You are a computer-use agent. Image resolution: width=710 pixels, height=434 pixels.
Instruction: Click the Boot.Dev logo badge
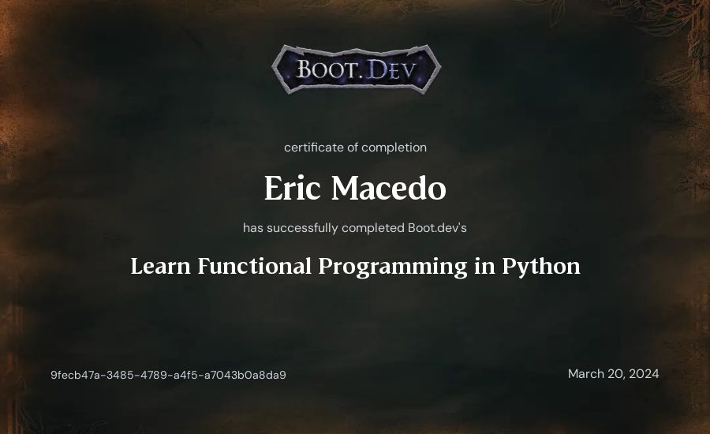pyautogui.click(x=357, y=69)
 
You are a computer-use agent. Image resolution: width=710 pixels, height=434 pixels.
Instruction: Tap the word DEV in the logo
pyautogui.click(x=391, y=69)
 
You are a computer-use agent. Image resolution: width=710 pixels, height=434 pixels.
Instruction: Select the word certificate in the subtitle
pyautogui.click(x=314, y=148)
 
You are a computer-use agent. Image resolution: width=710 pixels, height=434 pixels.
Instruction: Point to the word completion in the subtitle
pyautogui.click(x=394, y=148)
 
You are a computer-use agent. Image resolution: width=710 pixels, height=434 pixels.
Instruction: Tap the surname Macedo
pyautogui.click(x=388, y=188)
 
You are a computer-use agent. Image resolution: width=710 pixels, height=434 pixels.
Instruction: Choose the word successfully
pyautogui.click(x=302, y=228)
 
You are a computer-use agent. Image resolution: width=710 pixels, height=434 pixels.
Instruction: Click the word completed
pyautogui.click(x=373, y=228)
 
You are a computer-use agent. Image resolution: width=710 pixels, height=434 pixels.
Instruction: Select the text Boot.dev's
pyautogui.click(x=437, y=227)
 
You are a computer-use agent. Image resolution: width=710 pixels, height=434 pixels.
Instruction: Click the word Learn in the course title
pyautogui.click(x=161, y=266)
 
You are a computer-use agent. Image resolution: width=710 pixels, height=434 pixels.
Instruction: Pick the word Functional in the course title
pyautogui.click(x=255, y=266)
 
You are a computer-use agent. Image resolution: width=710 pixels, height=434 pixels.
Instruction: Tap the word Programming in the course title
pyautogui.click(x=393, y=267)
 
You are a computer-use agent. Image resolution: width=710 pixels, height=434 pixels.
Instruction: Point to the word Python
pyautogui.click(x=541, y=267)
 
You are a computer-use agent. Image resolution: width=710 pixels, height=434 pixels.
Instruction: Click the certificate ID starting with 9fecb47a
pyautogui.click(x=169, y=375)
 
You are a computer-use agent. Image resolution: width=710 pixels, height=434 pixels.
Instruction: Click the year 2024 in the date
pyautogui.click(x=644, y=374)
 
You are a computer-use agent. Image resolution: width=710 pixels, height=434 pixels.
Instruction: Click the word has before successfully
pyautogui.click(x=253, y=228)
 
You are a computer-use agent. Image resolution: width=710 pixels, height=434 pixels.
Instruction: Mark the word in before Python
pyautogui.click(x=484, y=266)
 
